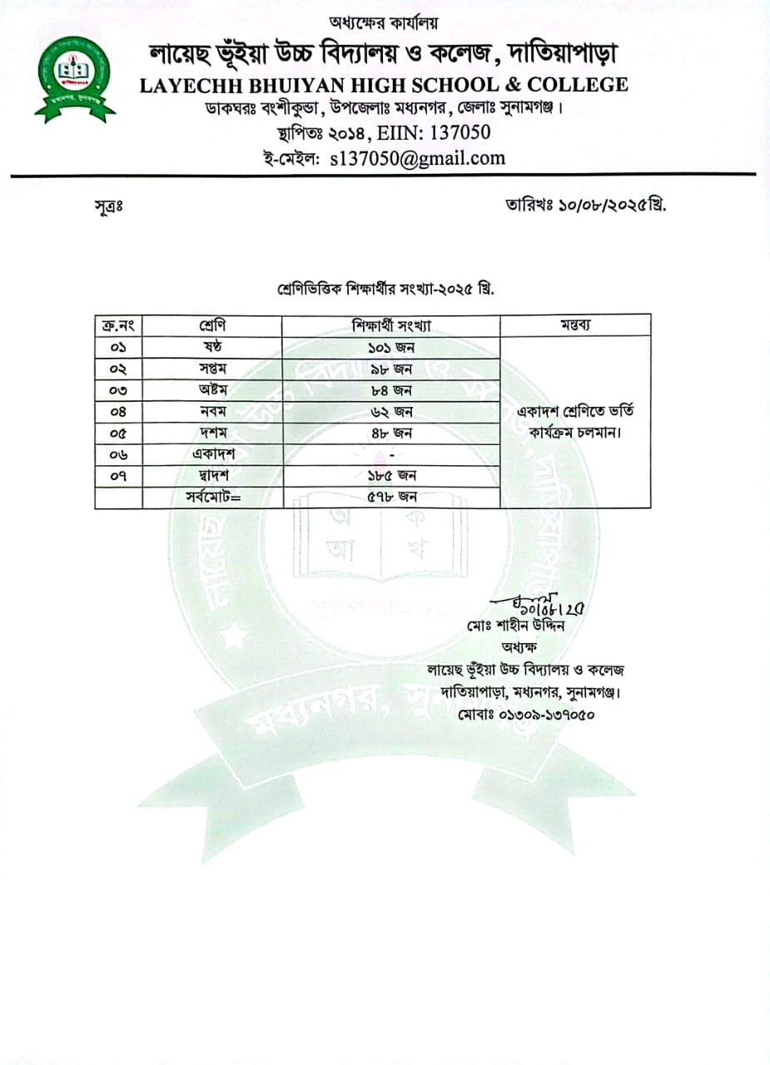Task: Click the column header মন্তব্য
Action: [574, 324]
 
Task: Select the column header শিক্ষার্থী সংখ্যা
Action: [390, 324]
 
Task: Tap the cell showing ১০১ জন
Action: [391, 347]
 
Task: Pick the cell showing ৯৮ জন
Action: [391, 369]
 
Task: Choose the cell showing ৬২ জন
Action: [391, 411]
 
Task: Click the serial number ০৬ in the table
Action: [119, 454]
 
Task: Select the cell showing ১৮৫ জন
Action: [391, 476]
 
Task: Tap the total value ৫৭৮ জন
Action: [391, 498]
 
